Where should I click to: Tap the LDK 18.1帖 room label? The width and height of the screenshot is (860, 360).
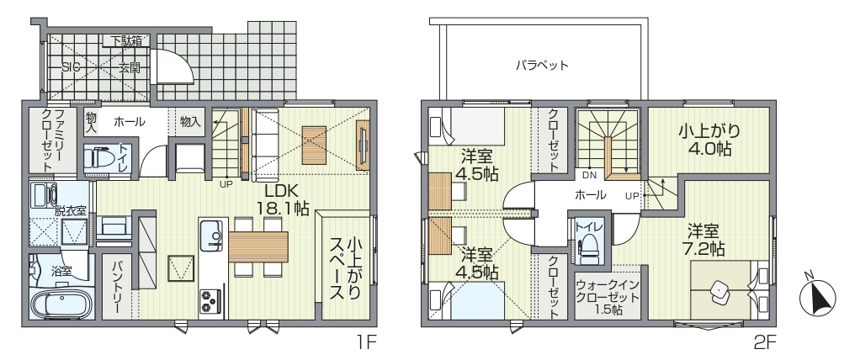tap(283, 199)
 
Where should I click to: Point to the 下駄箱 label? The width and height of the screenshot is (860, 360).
tap(126, 40)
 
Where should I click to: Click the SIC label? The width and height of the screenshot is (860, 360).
tap(71, 68)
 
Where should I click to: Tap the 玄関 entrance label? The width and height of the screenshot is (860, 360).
tap(130, 68)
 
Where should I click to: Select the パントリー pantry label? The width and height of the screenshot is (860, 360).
tap(116, 287)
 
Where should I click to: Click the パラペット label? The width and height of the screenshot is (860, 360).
tap(541, 66)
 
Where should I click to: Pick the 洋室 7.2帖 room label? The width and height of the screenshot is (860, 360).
tap(707, 240)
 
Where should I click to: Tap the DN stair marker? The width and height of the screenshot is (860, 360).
tap(589, 175)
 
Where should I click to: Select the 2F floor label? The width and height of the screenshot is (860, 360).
tap(765, 343)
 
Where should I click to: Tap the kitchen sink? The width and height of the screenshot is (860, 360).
tap(211, 235)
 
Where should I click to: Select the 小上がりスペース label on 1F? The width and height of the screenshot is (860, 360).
tap(346, 268)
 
